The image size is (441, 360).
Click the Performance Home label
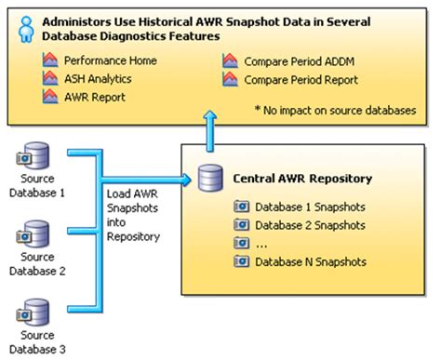pyautogui.click(x=110, y=60)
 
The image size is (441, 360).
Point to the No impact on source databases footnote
pyautogui.click(x=339, y=111)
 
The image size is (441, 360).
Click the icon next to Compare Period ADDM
pyautogui.click(x=230, y=60)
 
